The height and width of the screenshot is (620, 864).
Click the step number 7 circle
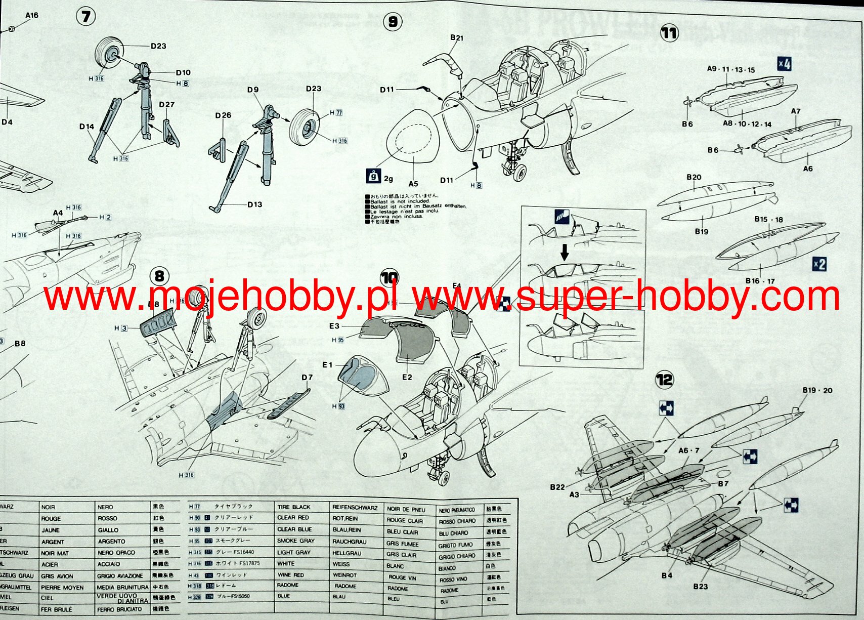click(x=86, y=16)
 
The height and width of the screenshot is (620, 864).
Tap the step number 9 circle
click(x=393, y=21)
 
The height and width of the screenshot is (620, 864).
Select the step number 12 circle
click(x=665, y=379)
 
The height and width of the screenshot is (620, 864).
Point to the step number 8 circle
click(x=159, y=276)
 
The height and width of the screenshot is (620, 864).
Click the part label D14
click(x=87, y=127)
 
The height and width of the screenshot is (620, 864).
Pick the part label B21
click(x=456, y=37)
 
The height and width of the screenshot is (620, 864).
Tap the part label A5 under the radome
click(x=413, y=184)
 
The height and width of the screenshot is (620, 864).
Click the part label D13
click(x=254, y=204)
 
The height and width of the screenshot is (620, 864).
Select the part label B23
click(x=700, y=586)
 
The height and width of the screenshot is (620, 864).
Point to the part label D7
click(x=307, y=377)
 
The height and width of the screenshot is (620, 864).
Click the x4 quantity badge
click(x=784, y=64)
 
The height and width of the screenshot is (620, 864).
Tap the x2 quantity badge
click(x=819, y=264)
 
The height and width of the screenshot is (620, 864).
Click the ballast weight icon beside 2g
click(x=373, y=176)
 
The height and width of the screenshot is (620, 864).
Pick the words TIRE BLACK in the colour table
click(x=293, y=507)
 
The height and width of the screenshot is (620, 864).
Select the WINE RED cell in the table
click(x=290, y=575)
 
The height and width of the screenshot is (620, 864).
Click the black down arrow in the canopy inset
click(x=565, y=251)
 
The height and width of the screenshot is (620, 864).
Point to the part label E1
click(x=327, y=365)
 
